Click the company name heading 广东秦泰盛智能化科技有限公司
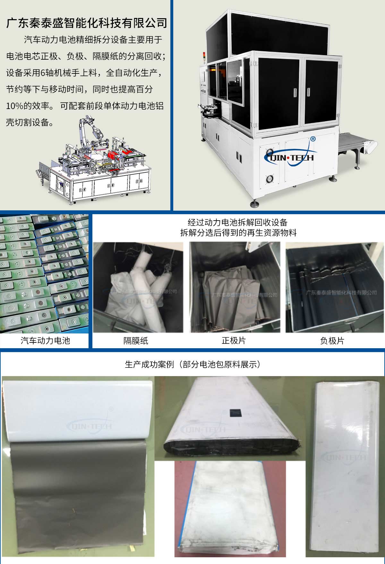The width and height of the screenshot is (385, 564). (x=87, y=23)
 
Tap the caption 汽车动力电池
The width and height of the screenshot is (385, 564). (x=45, y=340)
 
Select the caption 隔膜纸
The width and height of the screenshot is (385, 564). (x=136, y=341)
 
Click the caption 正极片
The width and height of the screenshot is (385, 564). (x=234, y=340)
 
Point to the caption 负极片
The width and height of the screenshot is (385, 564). (x=332, y=341)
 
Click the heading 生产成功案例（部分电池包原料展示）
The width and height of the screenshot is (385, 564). (x=192, y=365)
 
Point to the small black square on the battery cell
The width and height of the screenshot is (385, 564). (x=236, y=412)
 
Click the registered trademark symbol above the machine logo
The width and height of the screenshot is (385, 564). (x=313, y=139)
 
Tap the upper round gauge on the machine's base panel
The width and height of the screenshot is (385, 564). (x=269, y=151)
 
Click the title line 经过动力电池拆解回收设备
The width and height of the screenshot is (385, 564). (x=238, y=222)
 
